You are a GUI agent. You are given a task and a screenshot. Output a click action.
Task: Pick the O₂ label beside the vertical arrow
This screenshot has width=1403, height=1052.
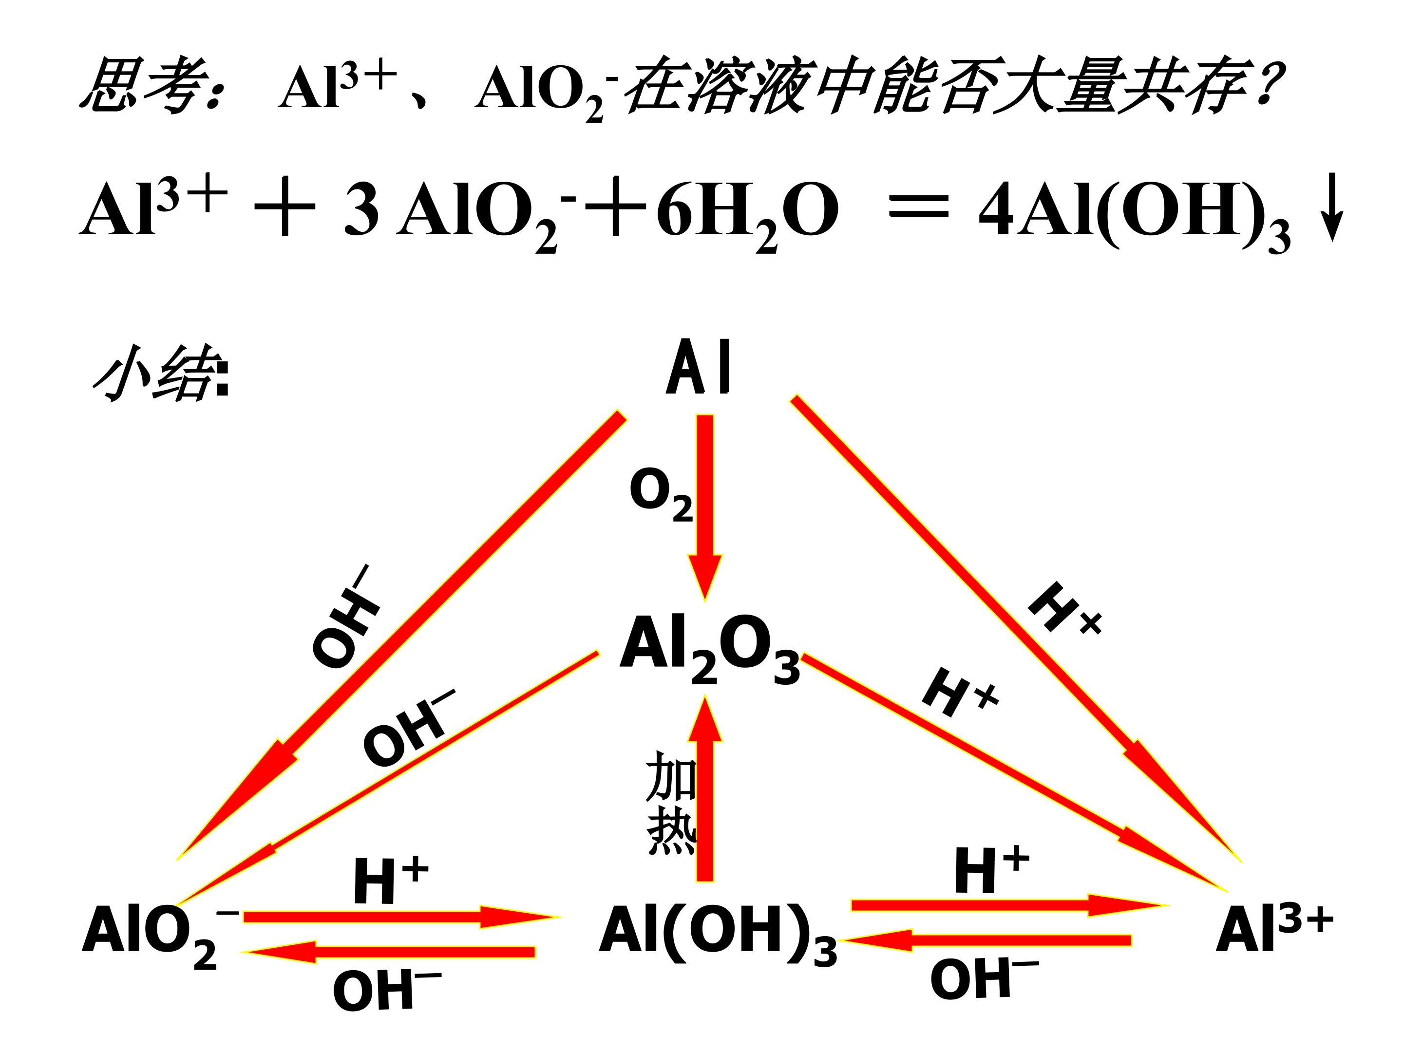pyautogui.click(x=661, y=495)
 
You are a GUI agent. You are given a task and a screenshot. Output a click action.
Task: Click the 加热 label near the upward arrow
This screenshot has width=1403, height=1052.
pyautogui.click(x=671, y=802)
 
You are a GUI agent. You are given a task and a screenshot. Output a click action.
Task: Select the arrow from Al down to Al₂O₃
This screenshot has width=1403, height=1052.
pyautogui.click(x=705, y=507)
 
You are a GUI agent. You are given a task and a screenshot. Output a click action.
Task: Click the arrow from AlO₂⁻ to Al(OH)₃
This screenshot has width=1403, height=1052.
pyautogui.click(x=401, y=916)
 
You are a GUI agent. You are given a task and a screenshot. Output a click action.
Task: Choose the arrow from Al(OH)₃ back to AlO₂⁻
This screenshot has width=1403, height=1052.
pyautogui.click(x=388, y=952)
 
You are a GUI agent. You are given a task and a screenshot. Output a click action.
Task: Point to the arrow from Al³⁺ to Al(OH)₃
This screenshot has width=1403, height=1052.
pyautogui.click(x=987, y=940)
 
